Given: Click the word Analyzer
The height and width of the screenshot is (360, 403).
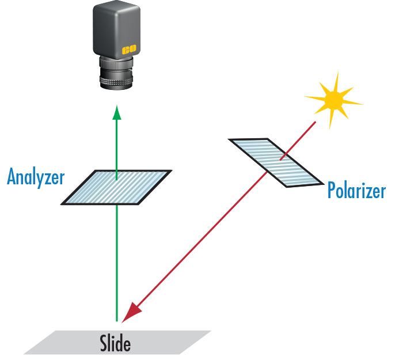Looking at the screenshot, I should coord(36,177).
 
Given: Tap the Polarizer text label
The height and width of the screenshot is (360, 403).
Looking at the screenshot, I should coord(356,191).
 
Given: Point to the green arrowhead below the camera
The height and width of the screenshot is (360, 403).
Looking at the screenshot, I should coord(117,112).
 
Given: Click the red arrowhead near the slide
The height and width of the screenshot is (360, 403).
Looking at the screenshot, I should coord(136,311).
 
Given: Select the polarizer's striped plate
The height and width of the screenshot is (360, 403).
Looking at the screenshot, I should coord(275,162).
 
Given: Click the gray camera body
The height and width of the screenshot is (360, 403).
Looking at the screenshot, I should coord(115,29).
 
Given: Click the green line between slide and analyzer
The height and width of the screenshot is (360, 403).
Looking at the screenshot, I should coord(117,259).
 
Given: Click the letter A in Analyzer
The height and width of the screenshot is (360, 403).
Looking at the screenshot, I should coord(12,177).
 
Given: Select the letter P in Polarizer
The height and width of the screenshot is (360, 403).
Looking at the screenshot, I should coord(332,191).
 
